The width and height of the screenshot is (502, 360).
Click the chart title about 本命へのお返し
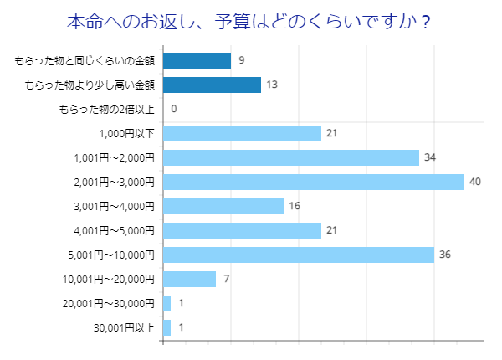(x=248, y=21)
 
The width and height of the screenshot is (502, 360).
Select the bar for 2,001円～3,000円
(x=313, y=182)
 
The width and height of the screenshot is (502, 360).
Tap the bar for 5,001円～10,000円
(x=298, y=255)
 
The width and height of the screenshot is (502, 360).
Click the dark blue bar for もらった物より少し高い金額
(x=212, y=85)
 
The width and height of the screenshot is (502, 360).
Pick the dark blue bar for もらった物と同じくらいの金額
(x=197, y=60)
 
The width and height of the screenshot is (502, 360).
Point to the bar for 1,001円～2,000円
(x=290, y=157)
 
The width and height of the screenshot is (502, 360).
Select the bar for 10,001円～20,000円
(x=189, y=279)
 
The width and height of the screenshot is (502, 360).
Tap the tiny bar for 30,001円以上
(x=166, y=327)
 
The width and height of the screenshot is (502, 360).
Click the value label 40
(x=475, y=182)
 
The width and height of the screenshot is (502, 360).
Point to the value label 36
(x=445, y=255)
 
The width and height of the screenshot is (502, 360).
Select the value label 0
(x=174, y=109)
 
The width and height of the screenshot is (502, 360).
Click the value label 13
(x=272, y=85)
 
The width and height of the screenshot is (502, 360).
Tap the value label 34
(x=430, y=157)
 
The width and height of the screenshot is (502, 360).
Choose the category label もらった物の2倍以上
(x=106, y=109)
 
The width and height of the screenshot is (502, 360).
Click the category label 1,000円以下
(x=126, y=133)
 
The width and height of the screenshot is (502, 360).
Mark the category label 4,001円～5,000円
(x=114, y=230)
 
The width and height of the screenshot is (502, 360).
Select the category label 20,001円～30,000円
(x=109, y=303)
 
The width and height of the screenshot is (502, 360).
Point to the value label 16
(x=295, y=206)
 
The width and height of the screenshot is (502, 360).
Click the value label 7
(x=227, y=279)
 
